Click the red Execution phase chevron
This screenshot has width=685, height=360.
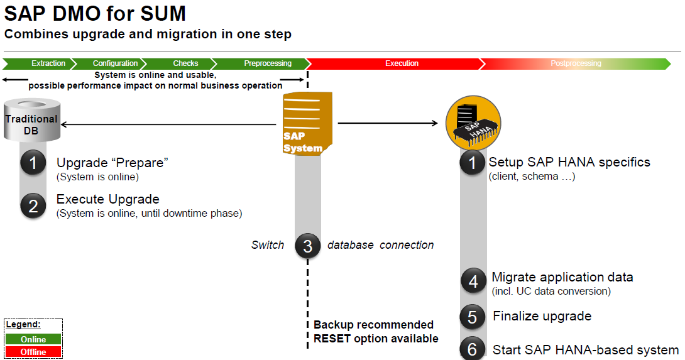(396, 63)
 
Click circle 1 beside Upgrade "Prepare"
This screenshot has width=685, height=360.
(33, 163)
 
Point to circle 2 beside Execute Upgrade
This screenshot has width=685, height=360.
(33, 206)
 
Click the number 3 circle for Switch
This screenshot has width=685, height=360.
(307, 246)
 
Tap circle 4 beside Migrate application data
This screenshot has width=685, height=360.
(473, 281)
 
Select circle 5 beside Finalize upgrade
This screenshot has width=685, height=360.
(473, 317)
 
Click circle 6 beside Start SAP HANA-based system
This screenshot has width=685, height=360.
(473, 349)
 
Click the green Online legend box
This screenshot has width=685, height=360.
(33, 339)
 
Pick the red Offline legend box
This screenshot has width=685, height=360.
(33, 352)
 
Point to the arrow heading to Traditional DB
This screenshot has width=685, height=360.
(66, 124)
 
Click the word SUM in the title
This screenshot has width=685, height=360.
(161, 14)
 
